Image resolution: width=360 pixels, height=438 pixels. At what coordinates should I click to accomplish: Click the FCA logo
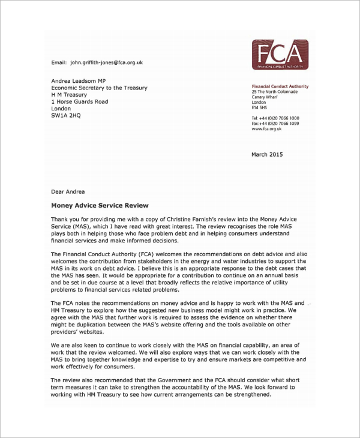pyautogui.click(x=280, y=55)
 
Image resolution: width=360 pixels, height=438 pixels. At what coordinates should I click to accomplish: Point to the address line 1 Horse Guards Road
pyautogui.click(x=80, y=102)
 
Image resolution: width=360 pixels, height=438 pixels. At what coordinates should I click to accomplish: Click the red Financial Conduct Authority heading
pyautogui.click(x=280, y=86)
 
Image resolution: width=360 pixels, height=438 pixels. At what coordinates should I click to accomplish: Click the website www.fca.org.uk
pyautogui.click(x=266, y=129)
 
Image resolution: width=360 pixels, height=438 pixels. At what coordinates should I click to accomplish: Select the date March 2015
pyautogui.click(x=266, y=155)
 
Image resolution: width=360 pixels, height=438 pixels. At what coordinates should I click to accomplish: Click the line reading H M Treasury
pyautogui.click(x=69, y=95)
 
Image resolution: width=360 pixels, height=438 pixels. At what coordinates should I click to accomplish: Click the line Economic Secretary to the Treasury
pyautogui.click(x=99, y=88)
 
